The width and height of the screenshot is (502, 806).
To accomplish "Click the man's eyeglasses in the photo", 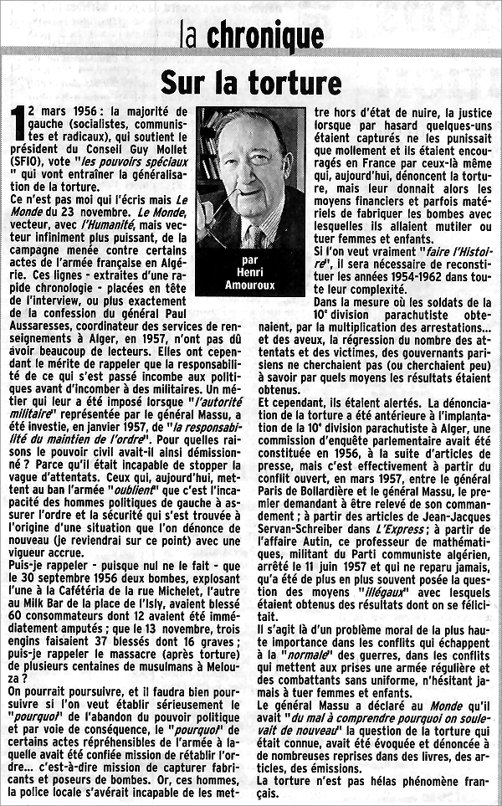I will coord(252,167).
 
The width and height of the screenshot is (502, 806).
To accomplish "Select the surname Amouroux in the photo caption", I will coord(251,286).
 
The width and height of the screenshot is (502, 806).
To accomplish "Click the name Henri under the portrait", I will coord(251,274).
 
